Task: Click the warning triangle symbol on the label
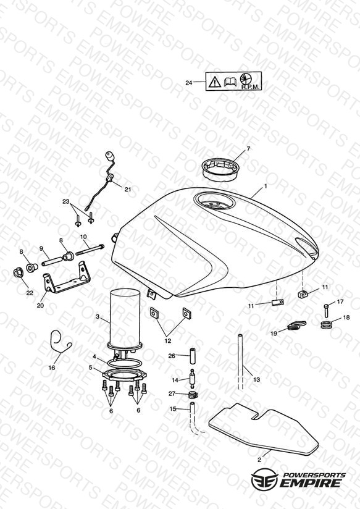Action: tap(214, 82)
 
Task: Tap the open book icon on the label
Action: tap(230, 82)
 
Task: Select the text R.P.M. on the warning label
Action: tap(250, 87)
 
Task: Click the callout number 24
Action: tap(188, 83)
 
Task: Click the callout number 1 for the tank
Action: tap(266, 186)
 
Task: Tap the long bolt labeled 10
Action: tap(90, 250)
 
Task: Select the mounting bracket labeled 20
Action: tap(67, 282)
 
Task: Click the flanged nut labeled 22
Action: tap(17, 272)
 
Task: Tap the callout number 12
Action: tap(167, 341)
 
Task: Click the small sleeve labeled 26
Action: tap(194, 356)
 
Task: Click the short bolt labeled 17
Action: tap(327, 311)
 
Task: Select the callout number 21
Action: tap(128, 189)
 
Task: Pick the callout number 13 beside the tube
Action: tap(256, 379)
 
